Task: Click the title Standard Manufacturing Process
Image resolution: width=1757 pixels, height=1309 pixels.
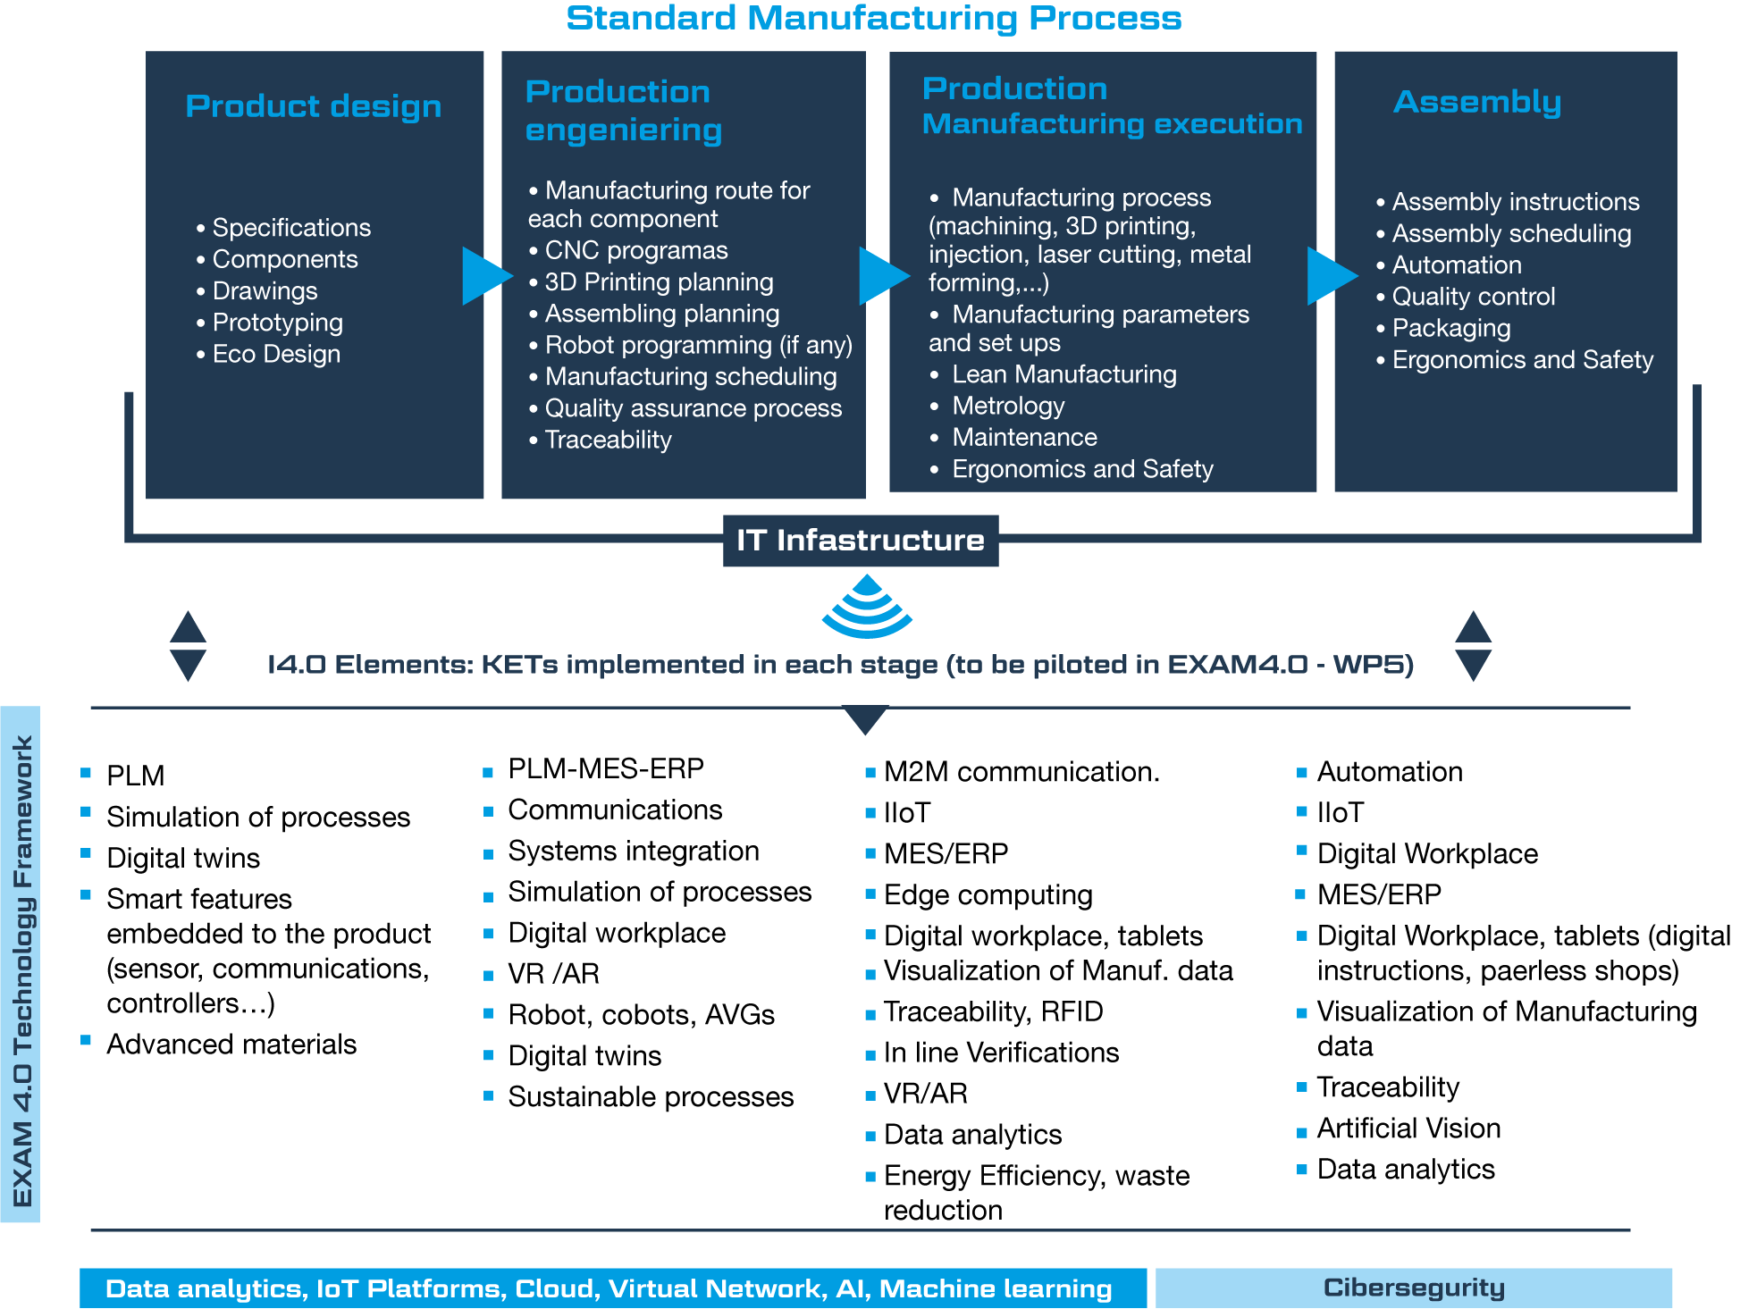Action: pos(873,19)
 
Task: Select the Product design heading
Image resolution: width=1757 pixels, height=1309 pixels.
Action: pos(313,106)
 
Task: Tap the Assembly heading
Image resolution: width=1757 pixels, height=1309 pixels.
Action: pos(1477,102)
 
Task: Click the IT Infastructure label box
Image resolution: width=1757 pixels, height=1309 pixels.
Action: pos(860,541)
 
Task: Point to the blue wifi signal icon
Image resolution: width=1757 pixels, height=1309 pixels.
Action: pos(867,608)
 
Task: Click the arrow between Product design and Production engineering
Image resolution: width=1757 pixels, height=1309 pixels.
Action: pos(486,276)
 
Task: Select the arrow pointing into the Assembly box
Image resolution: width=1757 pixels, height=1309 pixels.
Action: pos(1331,276)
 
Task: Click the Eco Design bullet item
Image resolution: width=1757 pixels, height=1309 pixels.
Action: pos(276,355)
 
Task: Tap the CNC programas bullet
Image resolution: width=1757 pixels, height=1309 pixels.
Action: pos(635,251)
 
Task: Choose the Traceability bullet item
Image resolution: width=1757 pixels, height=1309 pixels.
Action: pos(608,441)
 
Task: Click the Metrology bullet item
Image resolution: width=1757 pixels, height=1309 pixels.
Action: pos(1008,407)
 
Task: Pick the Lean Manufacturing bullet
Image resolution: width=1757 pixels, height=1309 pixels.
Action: pos(1063,374)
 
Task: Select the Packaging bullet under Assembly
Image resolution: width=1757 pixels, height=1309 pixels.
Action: pos(1450,329)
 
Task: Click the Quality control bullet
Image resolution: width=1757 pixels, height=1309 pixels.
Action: pos(1473,297)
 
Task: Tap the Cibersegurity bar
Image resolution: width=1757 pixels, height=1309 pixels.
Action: pos(1413,1288)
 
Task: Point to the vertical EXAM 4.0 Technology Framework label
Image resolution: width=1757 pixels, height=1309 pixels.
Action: pos(21,969)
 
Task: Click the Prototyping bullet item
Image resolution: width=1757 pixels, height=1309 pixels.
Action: pos(277,323)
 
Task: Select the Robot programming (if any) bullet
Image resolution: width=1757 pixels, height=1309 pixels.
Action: pos(698,346)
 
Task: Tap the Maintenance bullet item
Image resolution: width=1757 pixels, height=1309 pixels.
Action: pos(1024,438)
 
